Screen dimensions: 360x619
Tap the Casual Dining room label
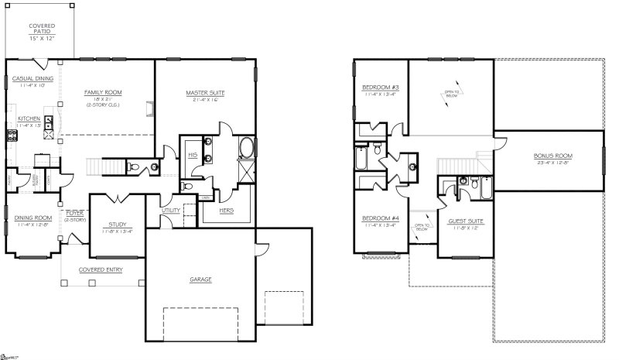pyautogui.click(x=32, y=78)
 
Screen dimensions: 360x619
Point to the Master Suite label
pyautogui.click(x=203, y=92)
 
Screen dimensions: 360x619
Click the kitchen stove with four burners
pyautogui.click(x=12, y=135)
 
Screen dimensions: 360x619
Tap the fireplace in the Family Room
pyautogui.click(x=149, y=104)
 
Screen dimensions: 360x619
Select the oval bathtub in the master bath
pyautogui.click(x=248, y=147)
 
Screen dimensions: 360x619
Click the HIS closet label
pyautogui.click(x=191, y=156)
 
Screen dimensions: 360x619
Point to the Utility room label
pyautogui.click(x=171, y=210)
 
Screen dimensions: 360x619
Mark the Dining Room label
pyautogui.click(x=32, y=218)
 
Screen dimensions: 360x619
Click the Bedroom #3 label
pyautogui.click(x=379, y=87)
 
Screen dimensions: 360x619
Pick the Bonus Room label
pyautogui.click(x=549, y=156)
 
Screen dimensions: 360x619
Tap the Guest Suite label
pyautogui.click(x=466, y=222)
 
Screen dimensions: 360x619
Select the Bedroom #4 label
pyautogui.click(x=379, y=219)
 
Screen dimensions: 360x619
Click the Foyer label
pyautogui.click(x=74, y=213)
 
